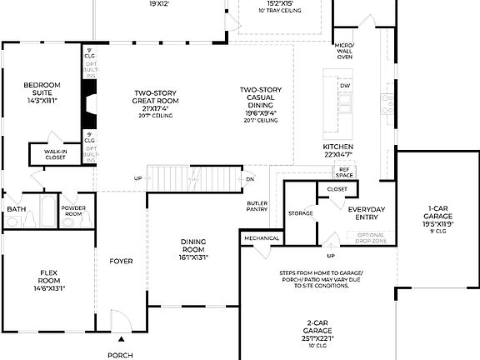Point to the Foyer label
click(121, 262)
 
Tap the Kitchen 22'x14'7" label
click(337, 150)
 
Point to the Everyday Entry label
click(367, 213)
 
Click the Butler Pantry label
click(257, 207)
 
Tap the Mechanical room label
click(260, 239)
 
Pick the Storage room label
click(300, 213)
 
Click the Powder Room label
click(73, 210)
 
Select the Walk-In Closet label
click(56, 153)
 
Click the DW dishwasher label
click(344, 86)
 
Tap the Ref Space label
click(344, 172)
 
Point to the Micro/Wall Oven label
click(344, 50)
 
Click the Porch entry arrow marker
click(121, 339)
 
